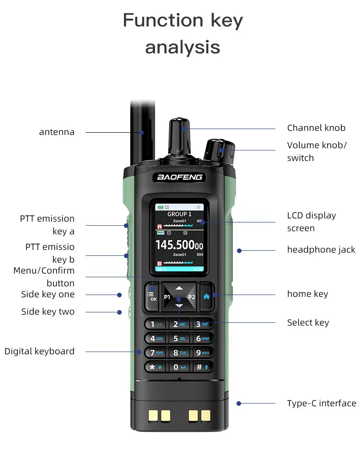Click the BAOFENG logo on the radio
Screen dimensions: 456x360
[180, 177]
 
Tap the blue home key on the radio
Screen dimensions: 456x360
[206, 296]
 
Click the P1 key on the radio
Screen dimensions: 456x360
[167, 297]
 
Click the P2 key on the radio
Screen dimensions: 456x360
[191, 297]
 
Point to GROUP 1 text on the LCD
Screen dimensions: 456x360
[179, 214]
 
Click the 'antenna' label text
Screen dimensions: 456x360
[57, 132]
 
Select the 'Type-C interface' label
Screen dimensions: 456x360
[321, 403]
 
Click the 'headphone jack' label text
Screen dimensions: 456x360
[321, 249]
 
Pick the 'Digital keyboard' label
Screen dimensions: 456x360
[39, 351]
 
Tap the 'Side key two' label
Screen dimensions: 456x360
[47, 312]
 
